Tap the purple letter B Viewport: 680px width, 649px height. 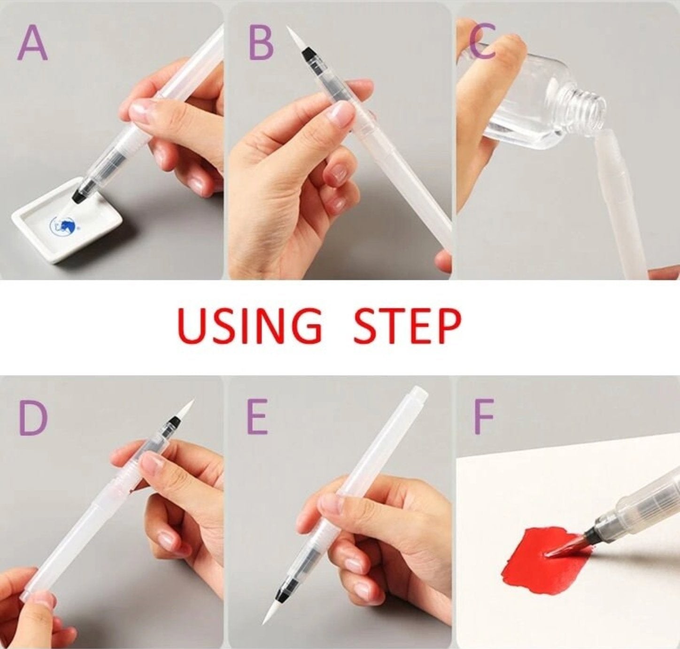(x=261, y=43)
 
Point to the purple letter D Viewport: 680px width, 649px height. (x=33, y=418)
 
